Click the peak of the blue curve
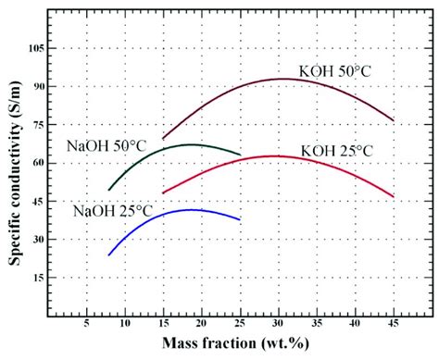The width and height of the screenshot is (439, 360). point(190,210)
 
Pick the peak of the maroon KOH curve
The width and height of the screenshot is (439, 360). point(282,79)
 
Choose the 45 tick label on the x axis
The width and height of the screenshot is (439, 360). point(394,325)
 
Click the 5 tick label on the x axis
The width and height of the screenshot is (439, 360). point(86,325)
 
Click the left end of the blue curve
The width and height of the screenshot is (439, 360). point(109,254)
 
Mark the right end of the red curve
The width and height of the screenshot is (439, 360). point(394,196)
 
